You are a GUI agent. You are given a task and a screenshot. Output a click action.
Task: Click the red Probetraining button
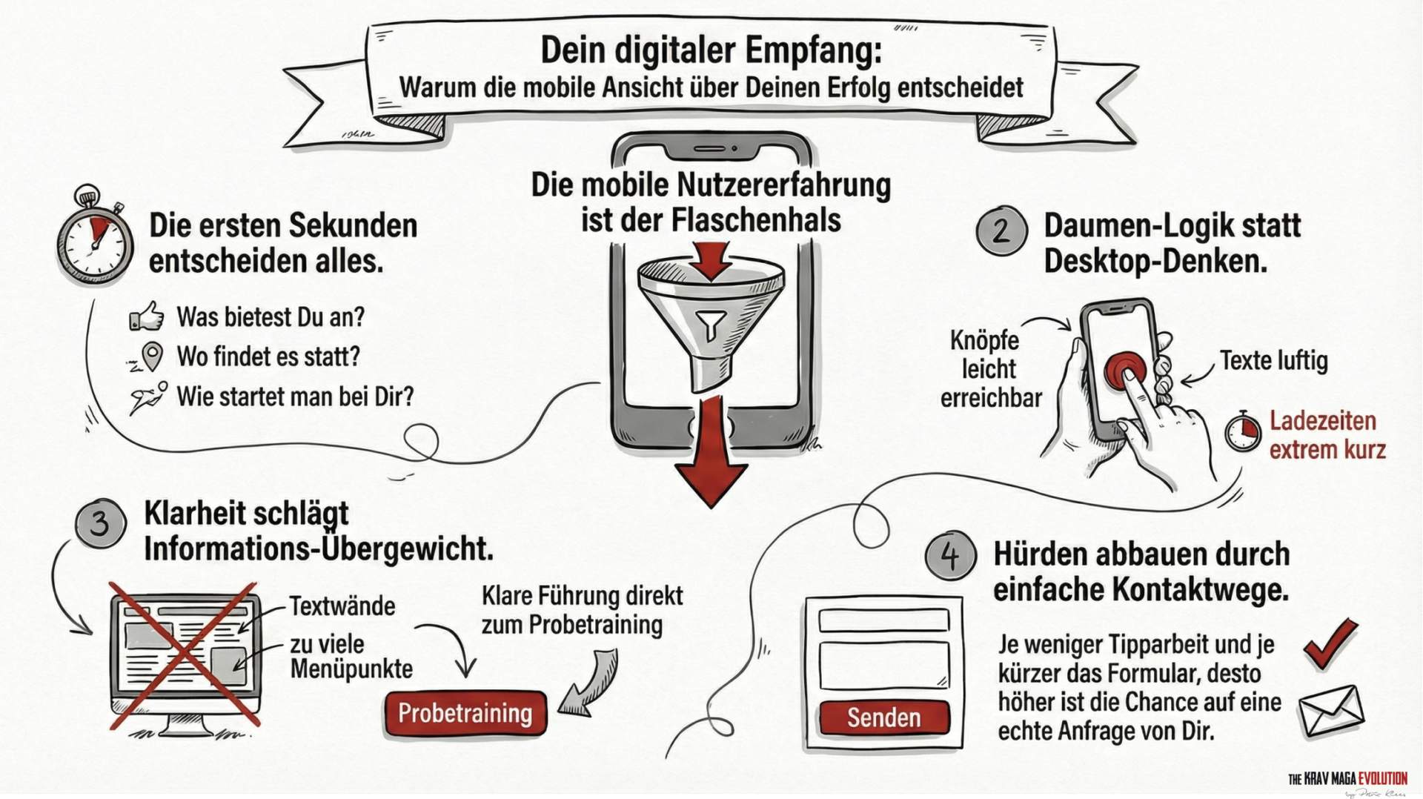tap(465, 714)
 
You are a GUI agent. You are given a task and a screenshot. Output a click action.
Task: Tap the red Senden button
tap(883, 717)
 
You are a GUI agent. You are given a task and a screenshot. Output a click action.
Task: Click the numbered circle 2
tap(1001, 231)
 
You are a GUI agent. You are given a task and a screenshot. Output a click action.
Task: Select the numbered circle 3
tap(100, 523)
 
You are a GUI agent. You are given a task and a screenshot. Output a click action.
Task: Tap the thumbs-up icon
tap(147, 316)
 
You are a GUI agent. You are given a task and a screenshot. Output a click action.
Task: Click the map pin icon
tap(152, 357)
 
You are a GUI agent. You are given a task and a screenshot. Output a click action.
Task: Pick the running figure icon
tap(148, 397)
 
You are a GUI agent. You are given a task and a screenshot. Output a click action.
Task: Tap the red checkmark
tap(1331, 643)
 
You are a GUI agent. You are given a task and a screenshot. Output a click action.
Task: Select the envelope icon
tap(1331, 712)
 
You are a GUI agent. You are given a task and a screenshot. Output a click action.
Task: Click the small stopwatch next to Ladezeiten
tap(1243, 432)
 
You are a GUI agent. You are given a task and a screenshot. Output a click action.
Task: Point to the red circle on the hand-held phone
tap(1124, 371)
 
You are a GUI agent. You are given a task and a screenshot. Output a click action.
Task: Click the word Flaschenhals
tap(756, 221)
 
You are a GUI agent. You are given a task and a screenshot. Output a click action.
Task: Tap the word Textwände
tap(342, 606)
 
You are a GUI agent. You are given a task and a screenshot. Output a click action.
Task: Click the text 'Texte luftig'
tap(1273, 361)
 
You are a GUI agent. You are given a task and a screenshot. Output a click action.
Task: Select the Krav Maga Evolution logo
tap(1347, 779)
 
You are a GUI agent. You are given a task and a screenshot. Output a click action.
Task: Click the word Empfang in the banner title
tap(813, 50)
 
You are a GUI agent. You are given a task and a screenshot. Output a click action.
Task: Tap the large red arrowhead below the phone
tap(711, 482)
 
